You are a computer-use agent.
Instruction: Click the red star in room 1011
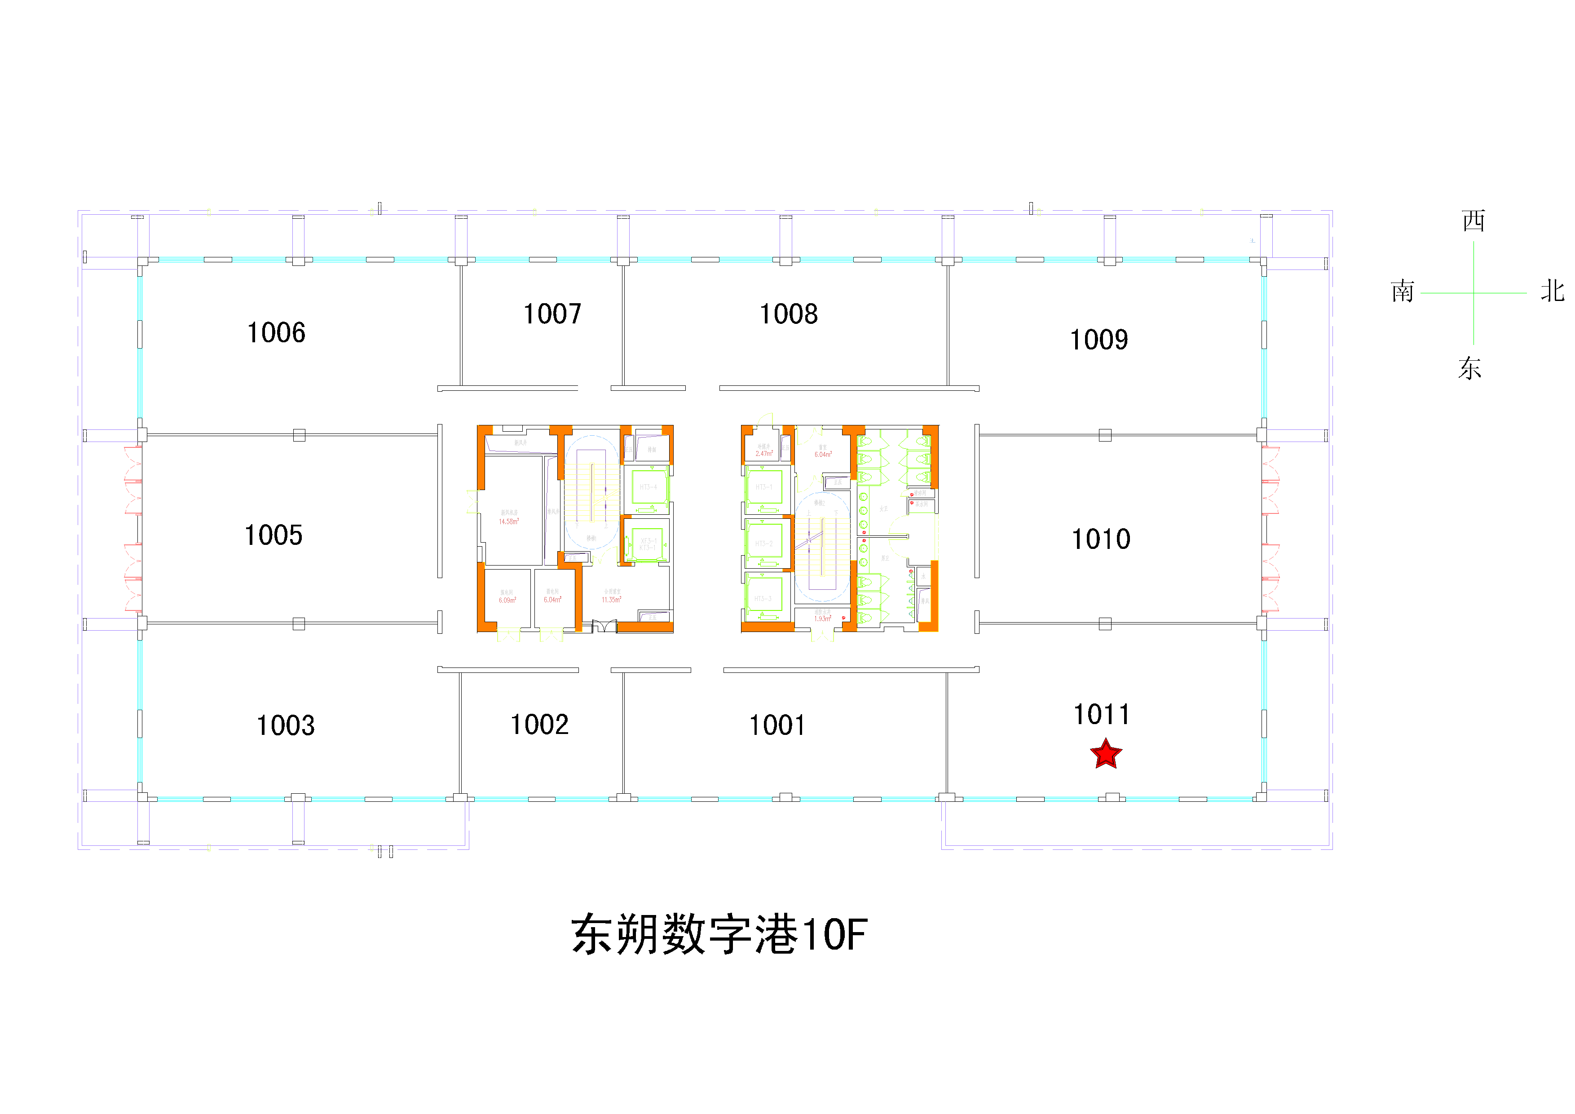(1106, 754)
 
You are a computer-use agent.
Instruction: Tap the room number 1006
(276, 333)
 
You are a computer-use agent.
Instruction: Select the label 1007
(552, 314)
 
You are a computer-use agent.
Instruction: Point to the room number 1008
(788, 314)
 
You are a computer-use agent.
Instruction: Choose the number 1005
(273, 535)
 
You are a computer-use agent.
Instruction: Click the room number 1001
(776, 725)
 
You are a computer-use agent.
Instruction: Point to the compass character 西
(1473, 221)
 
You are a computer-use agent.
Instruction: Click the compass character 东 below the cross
(1470, 368)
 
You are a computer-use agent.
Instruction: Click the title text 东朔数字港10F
(719, 934)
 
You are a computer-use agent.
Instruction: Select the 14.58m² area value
(509, 522)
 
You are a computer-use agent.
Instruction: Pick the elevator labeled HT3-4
(648, 487)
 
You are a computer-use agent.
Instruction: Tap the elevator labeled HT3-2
(763, 543)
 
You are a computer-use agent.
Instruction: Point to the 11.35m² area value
(611, 600)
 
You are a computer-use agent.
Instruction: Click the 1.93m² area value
(822, 619)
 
